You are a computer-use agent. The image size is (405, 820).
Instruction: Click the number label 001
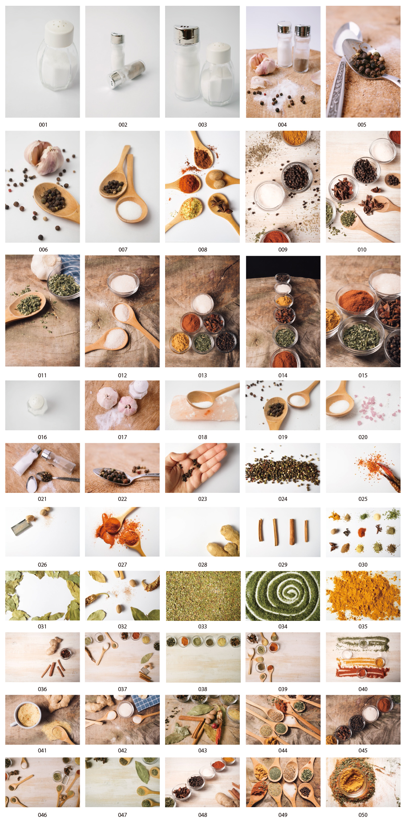point(43,125)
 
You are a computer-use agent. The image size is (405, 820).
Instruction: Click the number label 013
point(202,376)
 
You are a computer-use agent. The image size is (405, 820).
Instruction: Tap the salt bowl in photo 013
point(202,303)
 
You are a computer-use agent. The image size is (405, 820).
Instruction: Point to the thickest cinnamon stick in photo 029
point(292,531)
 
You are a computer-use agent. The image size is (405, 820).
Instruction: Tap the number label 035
point(363,627)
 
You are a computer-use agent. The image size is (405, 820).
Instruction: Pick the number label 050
point(363,815)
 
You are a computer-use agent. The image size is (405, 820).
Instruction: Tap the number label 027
point(122,565)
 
